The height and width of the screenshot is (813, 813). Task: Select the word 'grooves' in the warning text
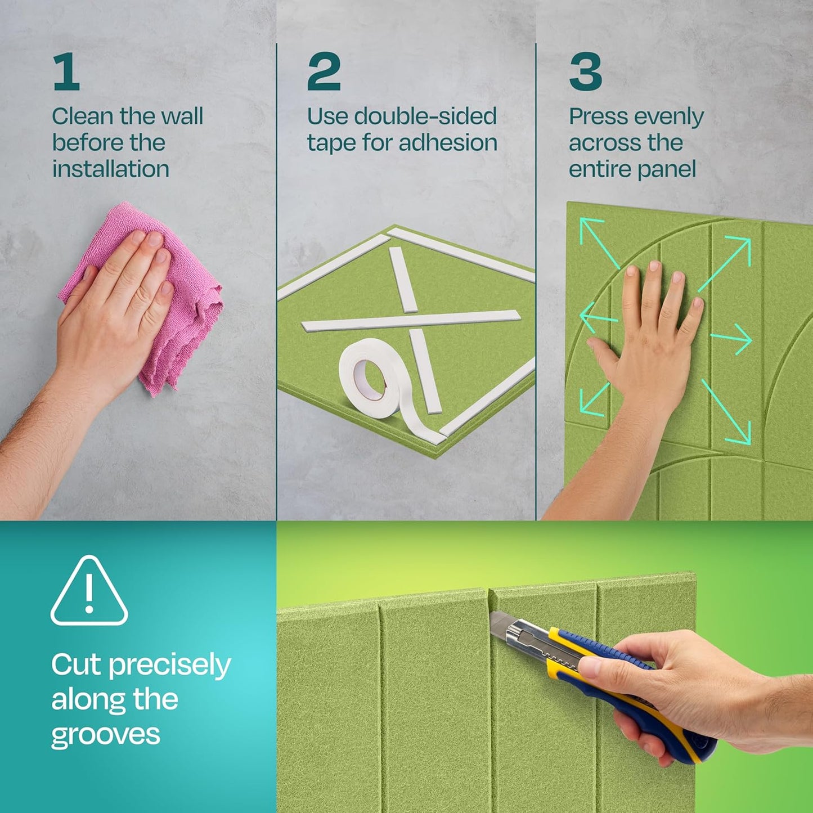[x=106, y=735]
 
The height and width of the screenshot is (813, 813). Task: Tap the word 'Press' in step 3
[x=598, y=116]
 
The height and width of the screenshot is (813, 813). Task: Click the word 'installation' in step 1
[x=110, y=169]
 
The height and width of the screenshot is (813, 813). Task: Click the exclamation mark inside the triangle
[x=89, y=594]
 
